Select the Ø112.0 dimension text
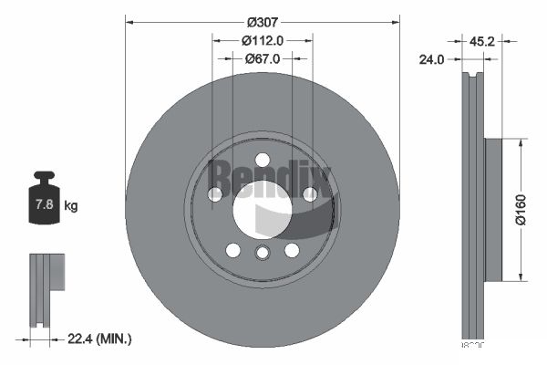[263, 40]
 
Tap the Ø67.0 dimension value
[263, 57]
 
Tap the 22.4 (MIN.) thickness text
[100, 339]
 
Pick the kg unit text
[71, 205]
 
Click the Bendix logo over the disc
[270, 172]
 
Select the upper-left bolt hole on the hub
[215, 194]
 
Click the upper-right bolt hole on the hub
[310, 193]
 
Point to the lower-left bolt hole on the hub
[232, 250]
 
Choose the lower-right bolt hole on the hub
[292, 250]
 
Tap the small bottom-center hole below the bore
[263, 255]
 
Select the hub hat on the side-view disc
[492, 210]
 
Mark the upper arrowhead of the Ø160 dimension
[521, 143]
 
